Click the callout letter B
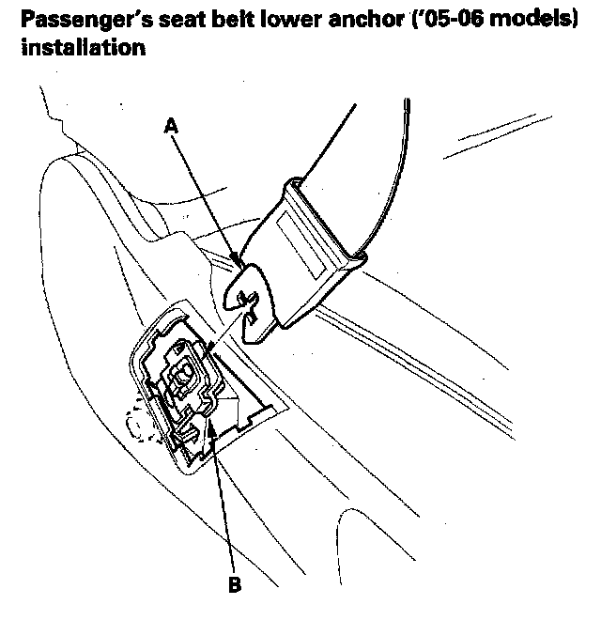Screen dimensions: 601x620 tap(234, 585)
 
